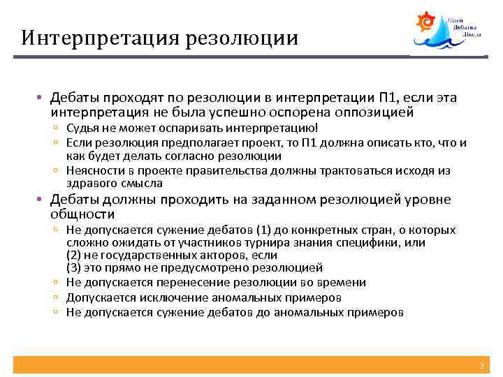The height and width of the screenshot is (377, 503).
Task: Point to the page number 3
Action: pos(481,366)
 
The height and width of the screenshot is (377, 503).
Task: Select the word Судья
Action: pos(82,128)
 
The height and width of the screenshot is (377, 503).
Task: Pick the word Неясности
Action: pos(92,170)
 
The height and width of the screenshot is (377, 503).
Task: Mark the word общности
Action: pos(82,214)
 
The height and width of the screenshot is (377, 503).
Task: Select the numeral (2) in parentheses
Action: pos(74,255)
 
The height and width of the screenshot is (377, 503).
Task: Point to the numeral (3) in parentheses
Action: pos(74,267)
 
